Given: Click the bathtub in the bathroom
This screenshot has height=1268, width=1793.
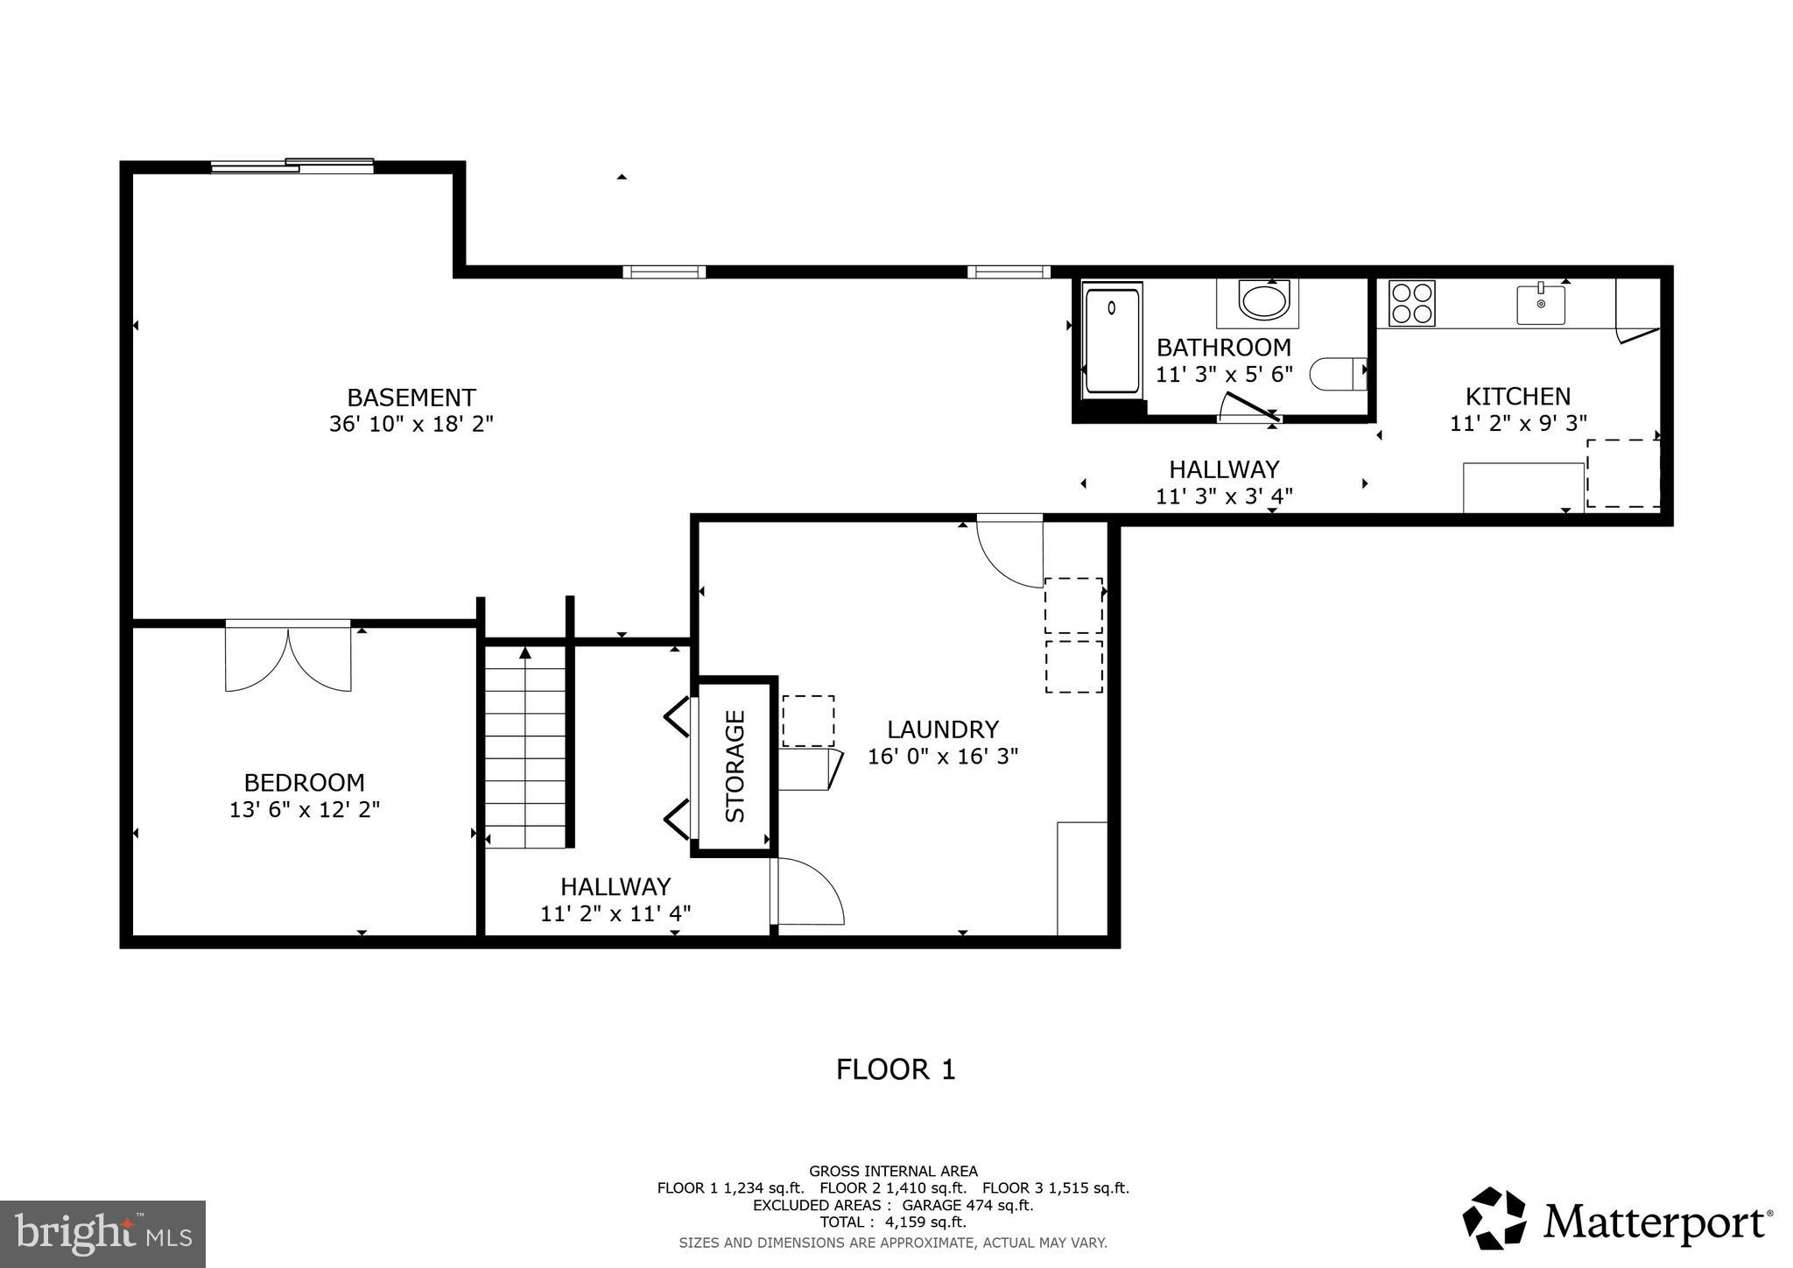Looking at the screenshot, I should pos(1112,342).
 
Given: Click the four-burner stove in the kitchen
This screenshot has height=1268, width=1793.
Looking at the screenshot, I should pos(1411,303).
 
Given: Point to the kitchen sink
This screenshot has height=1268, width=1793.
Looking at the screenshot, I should pos(1541,303).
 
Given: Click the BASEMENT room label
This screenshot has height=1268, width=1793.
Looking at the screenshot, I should pos(411,398).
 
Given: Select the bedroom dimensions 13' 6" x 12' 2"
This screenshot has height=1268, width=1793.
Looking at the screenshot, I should pos(305,810).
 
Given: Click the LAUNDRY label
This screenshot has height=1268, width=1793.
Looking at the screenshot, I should pos(942,729).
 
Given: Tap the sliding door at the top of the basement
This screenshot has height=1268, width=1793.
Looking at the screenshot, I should pos(292,166).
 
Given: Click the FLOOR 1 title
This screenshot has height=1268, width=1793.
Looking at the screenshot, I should pos(896,1069).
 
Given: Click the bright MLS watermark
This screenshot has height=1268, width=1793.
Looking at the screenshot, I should pos(102,1235).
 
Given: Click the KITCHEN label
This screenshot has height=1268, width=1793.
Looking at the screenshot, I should pos(1518,396).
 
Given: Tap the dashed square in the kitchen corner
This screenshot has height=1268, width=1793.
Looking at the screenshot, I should pos(1623,473).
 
